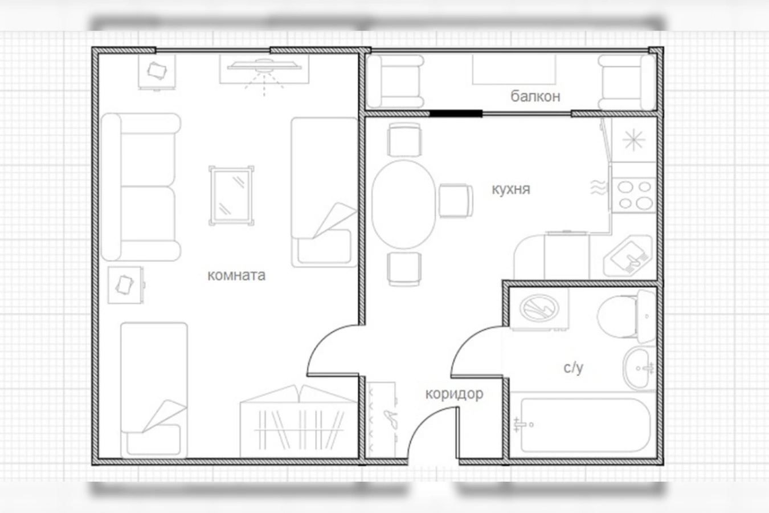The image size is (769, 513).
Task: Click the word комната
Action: [236, 275]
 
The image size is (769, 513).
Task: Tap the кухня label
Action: [511, 189]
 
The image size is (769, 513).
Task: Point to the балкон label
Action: [535, 96]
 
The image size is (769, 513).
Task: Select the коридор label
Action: [454, 394]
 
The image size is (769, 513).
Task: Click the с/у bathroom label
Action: [573, 368]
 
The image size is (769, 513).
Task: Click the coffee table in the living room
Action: [232, 196]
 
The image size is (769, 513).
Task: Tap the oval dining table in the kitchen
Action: [404, 205]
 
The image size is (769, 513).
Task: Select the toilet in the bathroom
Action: [626, 316]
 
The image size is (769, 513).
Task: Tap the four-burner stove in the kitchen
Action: [634, 195]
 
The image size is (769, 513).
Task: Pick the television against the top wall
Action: [264, 66]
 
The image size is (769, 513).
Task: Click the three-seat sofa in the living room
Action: [141, 187]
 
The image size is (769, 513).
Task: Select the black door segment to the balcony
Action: [456, 114]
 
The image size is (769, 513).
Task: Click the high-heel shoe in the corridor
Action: [391, 419]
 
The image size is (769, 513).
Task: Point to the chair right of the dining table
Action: [456, 201]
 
